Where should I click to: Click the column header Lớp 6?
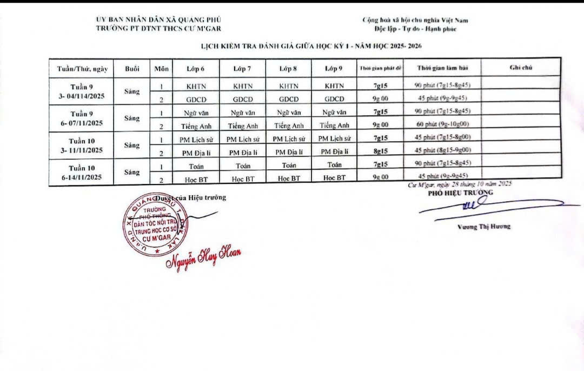[196, 69]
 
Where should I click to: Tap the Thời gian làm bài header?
[442, 68]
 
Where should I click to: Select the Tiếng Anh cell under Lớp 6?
[196, 126]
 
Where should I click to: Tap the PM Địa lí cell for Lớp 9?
[334, 153]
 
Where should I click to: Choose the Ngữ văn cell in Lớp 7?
[243, 113]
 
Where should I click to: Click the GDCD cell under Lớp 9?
[334, 99]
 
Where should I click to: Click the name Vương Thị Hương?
[483, 227]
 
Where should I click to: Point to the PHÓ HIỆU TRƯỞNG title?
[460, 193]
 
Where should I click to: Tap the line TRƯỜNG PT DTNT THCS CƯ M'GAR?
[158, 28]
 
